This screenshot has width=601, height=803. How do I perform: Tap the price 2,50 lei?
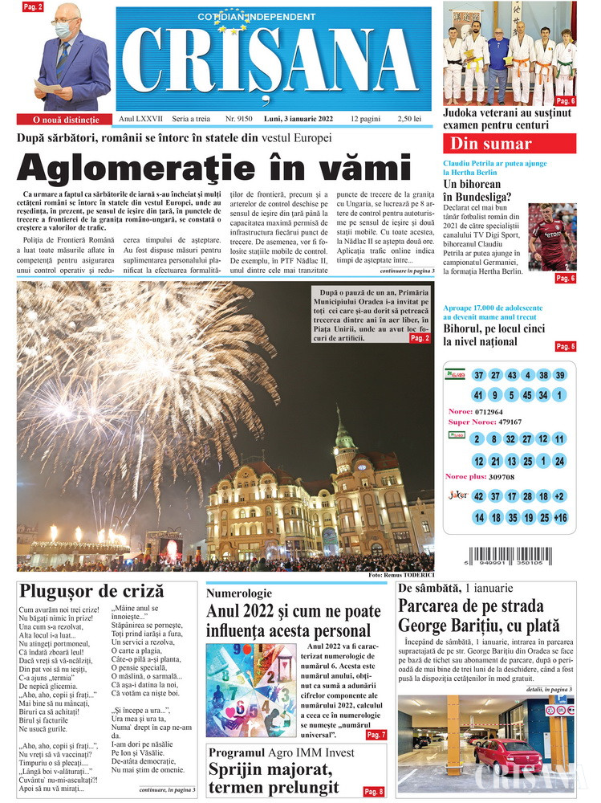tap(408, 119)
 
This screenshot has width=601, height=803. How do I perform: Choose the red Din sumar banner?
tap(510, 144)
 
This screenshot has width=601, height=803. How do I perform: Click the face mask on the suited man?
tap(64, 31)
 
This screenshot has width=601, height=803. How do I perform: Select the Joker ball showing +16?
tap(560, 518)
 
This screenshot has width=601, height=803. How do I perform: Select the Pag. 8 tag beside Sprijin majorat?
tap(373, 792)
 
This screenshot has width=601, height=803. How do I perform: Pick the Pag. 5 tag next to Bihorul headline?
tap(565, 346)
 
